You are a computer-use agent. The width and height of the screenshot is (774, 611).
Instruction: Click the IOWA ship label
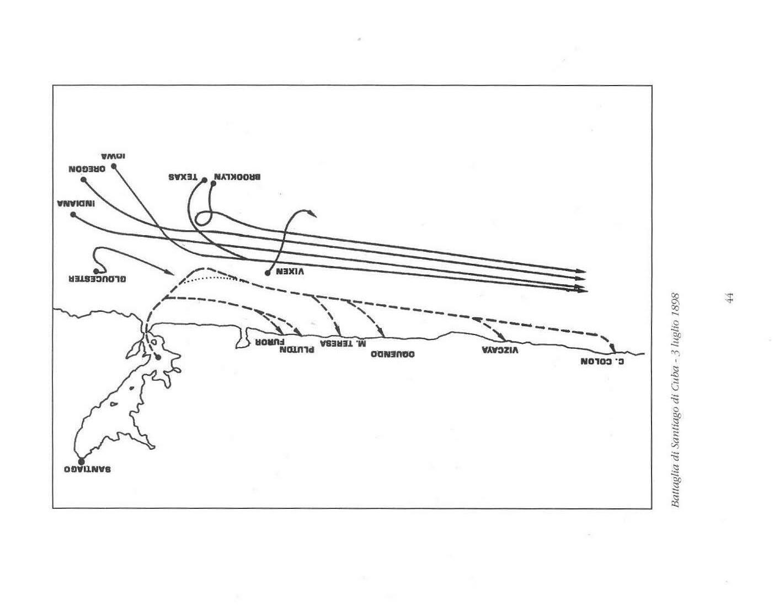click(x=114, y=156)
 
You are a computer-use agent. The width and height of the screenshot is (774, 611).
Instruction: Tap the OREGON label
click(x=87, y=169)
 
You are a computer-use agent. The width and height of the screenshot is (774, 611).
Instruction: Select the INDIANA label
click(x=76, y=204)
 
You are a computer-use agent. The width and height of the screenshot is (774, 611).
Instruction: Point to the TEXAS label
click(x=183, y=178)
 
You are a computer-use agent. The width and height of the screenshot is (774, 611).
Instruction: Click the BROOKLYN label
click(x=237, y=178)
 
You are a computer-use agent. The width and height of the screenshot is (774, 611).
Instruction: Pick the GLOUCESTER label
click(x=97, y=279)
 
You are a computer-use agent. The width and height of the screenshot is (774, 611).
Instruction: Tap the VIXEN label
click(x=290, y=272)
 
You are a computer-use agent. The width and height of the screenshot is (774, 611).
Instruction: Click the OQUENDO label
click(x=392, y=353)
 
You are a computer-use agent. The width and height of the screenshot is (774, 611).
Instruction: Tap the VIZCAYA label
click(x=500, y=350)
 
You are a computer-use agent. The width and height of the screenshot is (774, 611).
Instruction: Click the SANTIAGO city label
click(x=88, y=469)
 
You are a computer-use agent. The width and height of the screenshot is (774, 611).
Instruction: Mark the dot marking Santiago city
click(x=81, y=461)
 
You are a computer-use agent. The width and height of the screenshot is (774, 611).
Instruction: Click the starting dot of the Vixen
click(x=268, y=273)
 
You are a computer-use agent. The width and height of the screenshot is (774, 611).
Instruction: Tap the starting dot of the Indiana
click(x=73, y=214)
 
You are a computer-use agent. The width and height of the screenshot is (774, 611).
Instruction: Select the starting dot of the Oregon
click(x=83, y=179)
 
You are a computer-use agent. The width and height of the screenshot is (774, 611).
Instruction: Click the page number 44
click(x=729, y=298)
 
